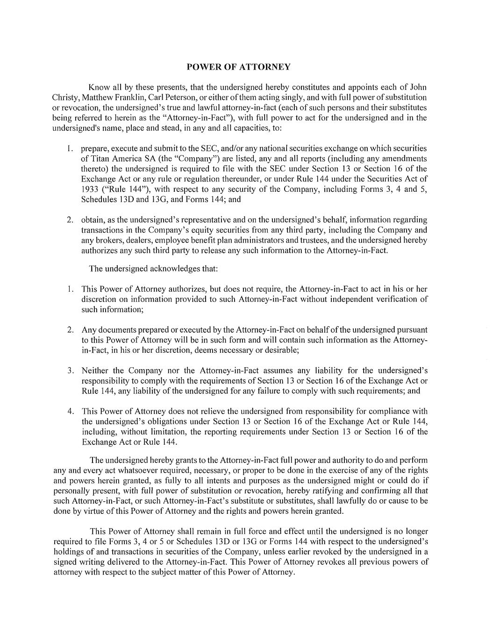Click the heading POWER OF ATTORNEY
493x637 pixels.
point(238,67)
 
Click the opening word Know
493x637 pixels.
point(99,87)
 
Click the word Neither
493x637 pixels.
point(95,371)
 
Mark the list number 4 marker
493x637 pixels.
point(70,412)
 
